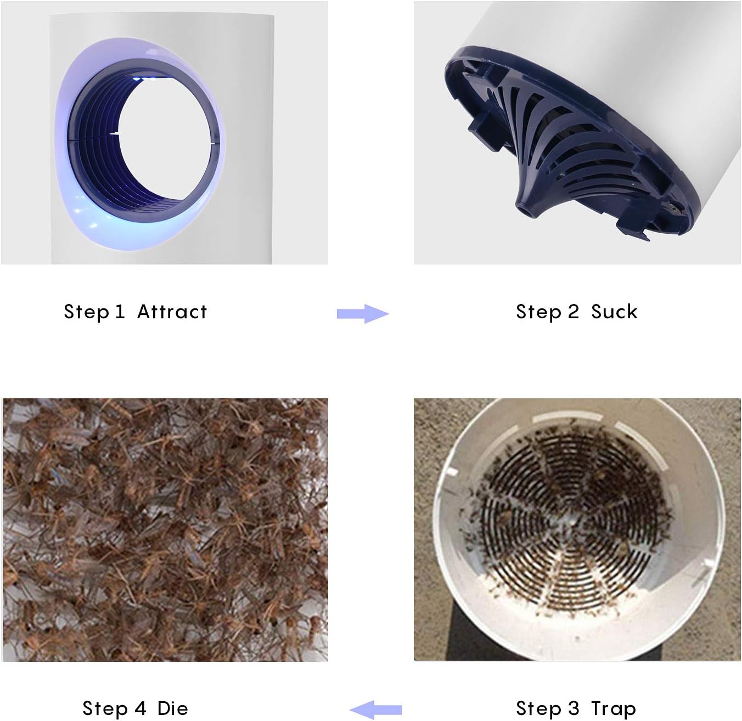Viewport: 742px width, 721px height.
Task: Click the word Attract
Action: point(172,312)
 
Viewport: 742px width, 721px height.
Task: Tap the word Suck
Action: point(614,312)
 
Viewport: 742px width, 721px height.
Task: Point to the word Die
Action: point(173,709)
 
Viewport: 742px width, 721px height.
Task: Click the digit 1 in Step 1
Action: point(120,312)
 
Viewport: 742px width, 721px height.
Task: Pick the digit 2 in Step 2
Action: point(574,312)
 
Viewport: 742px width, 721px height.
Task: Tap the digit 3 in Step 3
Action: point(574,709)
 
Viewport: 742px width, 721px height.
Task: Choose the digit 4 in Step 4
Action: point(140,709)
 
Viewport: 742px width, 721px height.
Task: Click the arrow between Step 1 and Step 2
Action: point(363,314)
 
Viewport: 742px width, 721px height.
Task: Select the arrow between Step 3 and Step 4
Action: point(375,710)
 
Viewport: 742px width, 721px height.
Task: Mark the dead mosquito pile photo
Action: point(166,531)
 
